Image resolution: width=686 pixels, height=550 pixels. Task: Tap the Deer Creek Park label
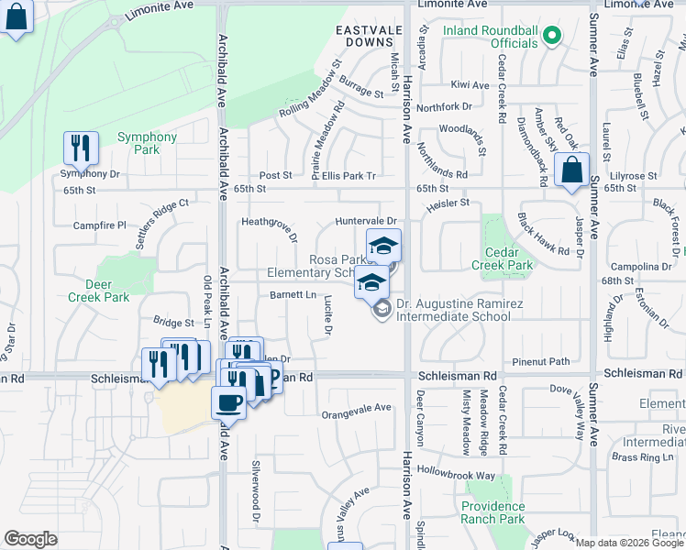[x=98, y=291]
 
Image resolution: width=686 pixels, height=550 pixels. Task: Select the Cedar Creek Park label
[x=502, y=258]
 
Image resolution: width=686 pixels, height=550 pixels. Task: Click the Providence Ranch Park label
[x=493, y=512]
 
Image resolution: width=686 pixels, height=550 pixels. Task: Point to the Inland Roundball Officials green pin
[x=551, y=37]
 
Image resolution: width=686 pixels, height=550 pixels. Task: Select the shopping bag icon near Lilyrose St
[x=572, y=170]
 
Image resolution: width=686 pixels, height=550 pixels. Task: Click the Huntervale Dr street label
[x=365, y=221]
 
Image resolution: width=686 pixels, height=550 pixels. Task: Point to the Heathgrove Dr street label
[x=269, y=228]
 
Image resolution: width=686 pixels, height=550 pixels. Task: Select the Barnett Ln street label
[x=293, y=294]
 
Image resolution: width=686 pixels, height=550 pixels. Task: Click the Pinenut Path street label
[x=541, y=361]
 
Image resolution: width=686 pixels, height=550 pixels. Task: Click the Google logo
[x=30, y=539]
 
